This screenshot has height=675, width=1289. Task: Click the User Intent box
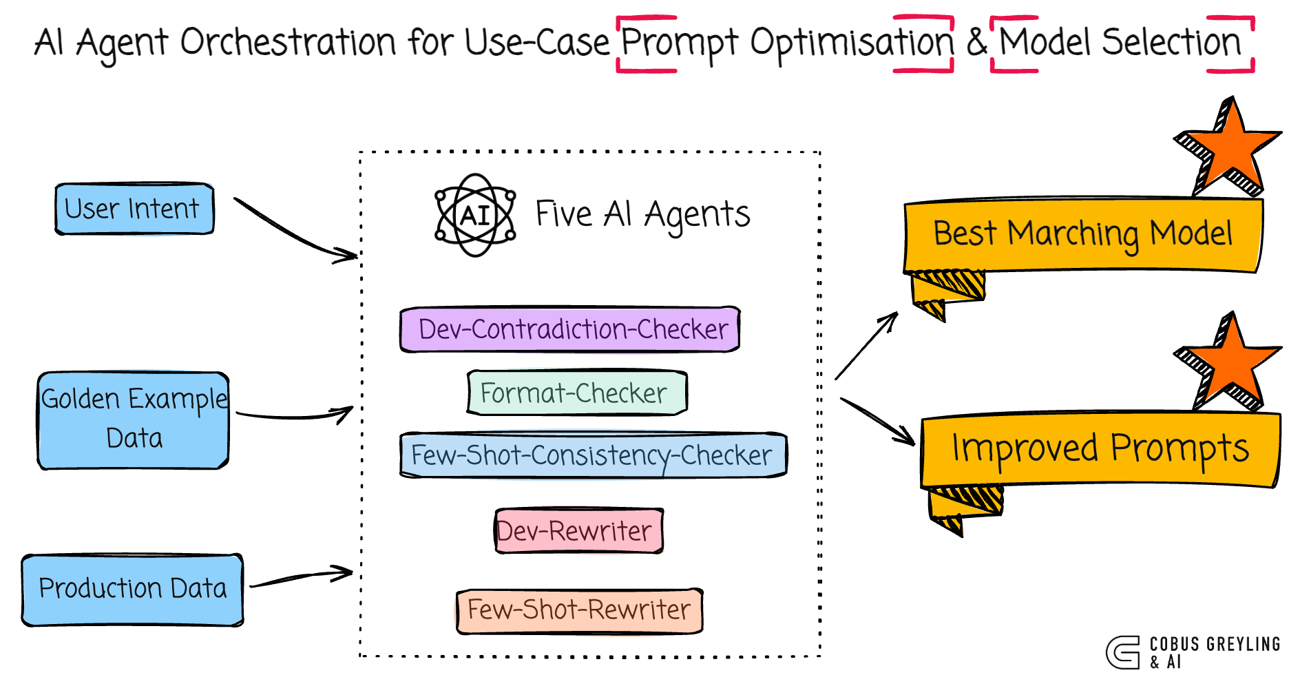tap(134, 209)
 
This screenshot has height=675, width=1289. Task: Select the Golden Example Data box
tap(134, 420)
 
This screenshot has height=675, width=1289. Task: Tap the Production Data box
tap(132, 590)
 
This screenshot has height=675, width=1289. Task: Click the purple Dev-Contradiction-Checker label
tap(570, 329)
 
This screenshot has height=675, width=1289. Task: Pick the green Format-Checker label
tap(577, 393)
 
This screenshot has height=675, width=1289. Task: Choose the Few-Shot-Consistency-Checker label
tap(593, 455)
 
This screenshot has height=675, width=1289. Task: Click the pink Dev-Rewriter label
tap(578, 531)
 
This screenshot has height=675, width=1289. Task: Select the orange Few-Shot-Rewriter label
tap(579, 610)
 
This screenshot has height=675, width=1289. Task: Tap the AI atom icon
tap(475, 216)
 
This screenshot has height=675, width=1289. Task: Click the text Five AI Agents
tap(642, 214)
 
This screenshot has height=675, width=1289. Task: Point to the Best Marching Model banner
tap(1082, 234)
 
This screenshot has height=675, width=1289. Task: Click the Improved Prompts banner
tap(1100, 449)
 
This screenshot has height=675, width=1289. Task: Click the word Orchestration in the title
tap(288, 43)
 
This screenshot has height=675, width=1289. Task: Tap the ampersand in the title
tap(976, 43)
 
